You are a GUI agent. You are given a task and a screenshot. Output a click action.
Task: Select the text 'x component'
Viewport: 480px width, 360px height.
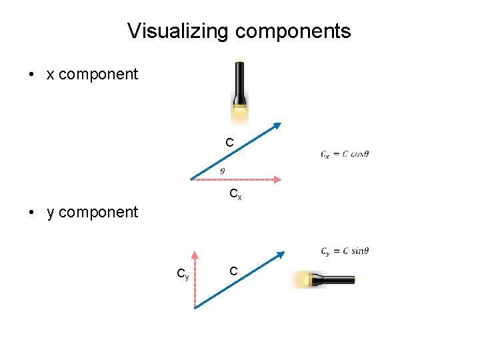tap(92, 74)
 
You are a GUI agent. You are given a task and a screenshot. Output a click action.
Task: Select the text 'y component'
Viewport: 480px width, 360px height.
tap(92, 212)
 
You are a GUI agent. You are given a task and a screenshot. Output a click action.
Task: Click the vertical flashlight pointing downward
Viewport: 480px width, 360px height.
tap(240, 87)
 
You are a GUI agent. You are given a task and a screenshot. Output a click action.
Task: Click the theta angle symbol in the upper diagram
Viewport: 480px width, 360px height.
tap(222, 171)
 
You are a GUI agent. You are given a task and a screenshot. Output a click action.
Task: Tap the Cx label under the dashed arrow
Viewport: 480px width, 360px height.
tap(235, 195)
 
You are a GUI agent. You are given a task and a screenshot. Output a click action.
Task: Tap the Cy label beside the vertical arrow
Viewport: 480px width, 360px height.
tap(182, 273)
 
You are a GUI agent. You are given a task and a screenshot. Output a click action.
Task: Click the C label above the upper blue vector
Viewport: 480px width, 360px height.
tap(229, 143)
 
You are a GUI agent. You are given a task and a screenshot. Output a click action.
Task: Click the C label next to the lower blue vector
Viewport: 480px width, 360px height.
tap(233, 271)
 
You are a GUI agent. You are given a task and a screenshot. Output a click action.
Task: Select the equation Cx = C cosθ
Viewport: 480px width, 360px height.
tap(345, 154)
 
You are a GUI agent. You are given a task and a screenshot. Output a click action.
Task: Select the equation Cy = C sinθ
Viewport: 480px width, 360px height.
tap(345, 251)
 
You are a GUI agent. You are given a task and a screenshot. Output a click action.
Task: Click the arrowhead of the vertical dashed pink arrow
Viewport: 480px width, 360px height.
tap(194, 255)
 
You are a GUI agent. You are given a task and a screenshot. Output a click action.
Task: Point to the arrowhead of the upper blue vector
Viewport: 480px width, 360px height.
tap(277, 126)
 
